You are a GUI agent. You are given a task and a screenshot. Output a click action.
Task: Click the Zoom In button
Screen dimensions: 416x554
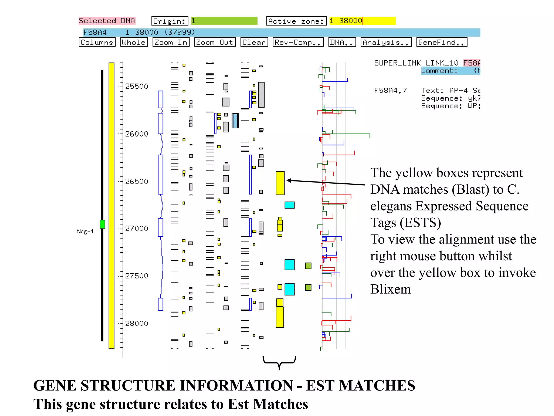click(x=171, y=42)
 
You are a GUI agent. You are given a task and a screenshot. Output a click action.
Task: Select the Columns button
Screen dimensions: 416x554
click(x=97, y=42)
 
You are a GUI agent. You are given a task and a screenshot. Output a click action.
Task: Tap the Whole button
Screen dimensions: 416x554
click(x=134, y=42)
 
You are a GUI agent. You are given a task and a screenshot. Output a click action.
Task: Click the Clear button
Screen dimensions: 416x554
click(x=254, y=42)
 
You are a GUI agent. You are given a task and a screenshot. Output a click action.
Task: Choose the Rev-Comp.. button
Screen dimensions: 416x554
click(x=298, y=42)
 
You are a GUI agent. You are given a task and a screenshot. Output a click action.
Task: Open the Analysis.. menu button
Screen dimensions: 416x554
click(x=386, y=42)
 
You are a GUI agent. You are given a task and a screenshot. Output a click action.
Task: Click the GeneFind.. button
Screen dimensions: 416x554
click(x=441, y=42)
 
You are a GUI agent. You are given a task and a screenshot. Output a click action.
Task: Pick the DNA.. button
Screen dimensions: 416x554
click(x=342, y=42)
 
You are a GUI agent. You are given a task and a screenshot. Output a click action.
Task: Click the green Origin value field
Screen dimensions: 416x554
click(x=224, y=21)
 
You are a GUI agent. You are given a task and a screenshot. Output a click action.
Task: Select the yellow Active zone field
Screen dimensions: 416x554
click(x=362, y=21)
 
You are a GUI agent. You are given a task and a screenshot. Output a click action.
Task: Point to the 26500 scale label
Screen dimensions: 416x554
click(x=137, y=181)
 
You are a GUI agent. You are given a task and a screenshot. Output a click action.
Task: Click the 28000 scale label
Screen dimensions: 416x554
click(x=137, y=323)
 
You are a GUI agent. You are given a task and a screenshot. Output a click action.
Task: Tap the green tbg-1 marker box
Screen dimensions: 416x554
click(x=102, y=224)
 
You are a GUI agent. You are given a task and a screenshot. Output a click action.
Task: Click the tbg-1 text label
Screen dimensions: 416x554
click(x=85, y=231)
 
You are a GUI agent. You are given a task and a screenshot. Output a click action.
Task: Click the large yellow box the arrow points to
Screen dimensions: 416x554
click(x=280, y=183)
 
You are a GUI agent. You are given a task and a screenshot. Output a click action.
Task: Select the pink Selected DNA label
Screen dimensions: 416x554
click(x=107, y=21)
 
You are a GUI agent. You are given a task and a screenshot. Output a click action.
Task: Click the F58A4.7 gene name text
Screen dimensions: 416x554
click(x=390, y=90)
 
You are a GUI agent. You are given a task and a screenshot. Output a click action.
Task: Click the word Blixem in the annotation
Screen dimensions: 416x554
click(x=390, y=289)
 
